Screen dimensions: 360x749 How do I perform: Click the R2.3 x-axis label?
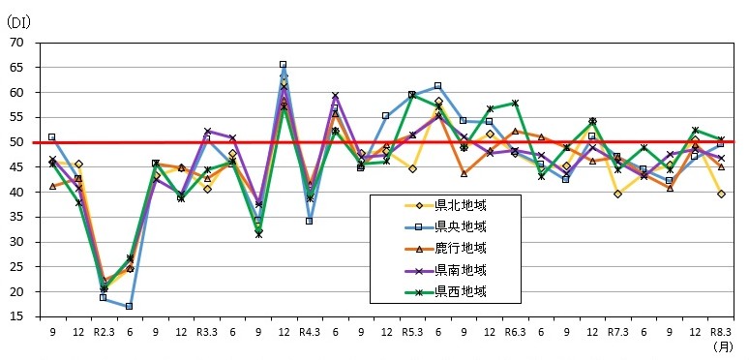click(x=104, y=331)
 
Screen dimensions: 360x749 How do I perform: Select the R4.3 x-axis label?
click(x=310, y=331)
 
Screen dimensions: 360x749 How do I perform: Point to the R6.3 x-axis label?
click(x=515, y=331)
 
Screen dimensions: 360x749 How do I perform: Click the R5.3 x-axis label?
click(x=412, y=331)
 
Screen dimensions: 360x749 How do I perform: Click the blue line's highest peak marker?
click(x=284, y=65)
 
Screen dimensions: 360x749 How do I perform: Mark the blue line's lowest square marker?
click(x=129, y=306)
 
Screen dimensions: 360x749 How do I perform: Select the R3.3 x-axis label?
click(x=206, y=331)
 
